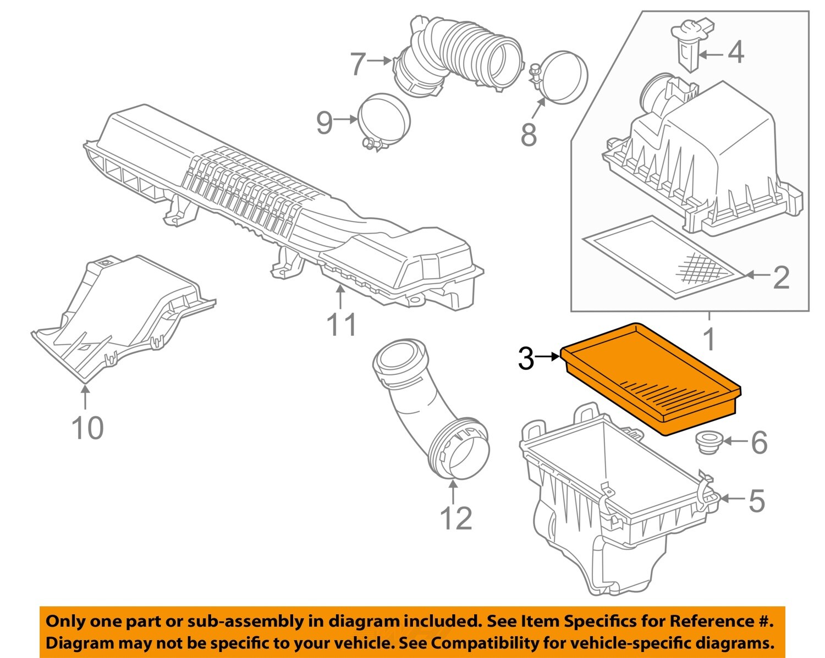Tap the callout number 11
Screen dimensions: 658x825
pyautogui.click(x=342, y=324)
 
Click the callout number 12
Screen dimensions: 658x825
pyautogui.click(x=456, y=518)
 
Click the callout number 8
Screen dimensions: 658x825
pyautogui.click(x=528, y=134)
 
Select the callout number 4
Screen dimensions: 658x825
pyautogui.click(x=735, y=53)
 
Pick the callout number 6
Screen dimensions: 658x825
pyautogui.click(x=759, y=443)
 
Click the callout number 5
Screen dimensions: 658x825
pyautogui.click(x=756, y=501)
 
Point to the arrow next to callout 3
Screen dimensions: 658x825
pyautogui.click(x=547, y=357)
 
